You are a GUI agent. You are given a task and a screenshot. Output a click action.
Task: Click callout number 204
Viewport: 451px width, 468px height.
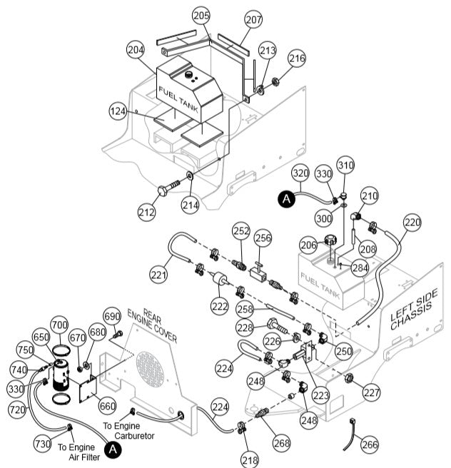coord(136,51)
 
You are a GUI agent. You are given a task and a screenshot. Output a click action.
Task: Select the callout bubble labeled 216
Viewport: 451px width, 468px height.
coord(297,57)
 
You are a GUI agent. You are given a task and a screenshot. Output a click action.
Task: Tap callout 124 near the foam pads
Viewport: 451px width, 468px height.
coord(119,111)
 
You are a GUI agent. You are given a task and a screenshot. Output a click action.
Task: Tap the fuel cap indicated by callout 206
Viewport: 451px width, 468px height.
coord(330,241)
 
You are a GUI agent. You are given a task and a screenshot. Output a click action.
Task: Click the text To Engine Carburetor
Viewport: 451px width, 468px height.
coord(128,430)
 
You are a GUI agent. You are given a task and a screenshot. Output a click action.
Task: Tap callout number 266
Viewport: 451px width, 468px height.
coord(369,444)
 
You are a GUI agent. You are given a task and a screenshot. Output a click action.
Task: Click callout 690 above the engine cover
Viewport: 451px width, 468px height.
coord(112,316)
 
